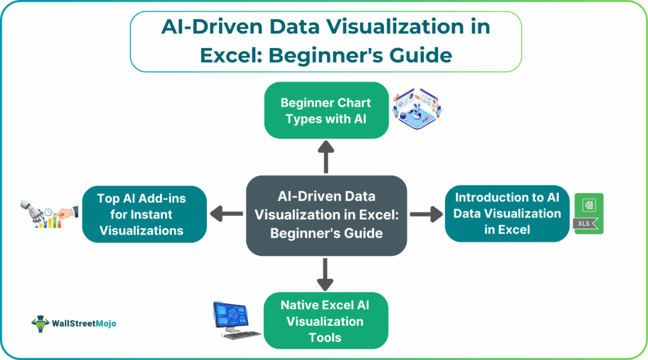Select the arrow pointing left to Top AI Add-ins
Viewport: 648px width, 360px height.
(226, 215)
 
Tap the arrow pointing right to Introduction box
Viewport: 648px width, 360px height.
(426, 215)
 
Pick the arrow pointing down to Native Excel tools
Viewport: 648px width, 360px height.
(326, 274)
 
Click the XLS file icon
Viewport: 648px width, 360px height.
(589, 214)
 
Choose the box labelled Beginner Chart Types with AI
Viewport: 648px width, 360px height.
(326, 110)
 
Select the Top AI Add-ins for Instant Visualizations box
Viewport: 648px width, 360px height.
(144, 214)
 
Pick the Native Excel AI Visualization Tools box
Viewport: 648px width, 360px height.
(325, 320)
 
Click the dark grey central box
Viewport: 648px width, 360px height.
(326, 215)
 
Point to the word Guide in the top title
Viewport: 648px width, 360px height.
(421, 55)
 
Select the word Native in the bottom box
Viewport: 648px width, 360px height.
(302, 305)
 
